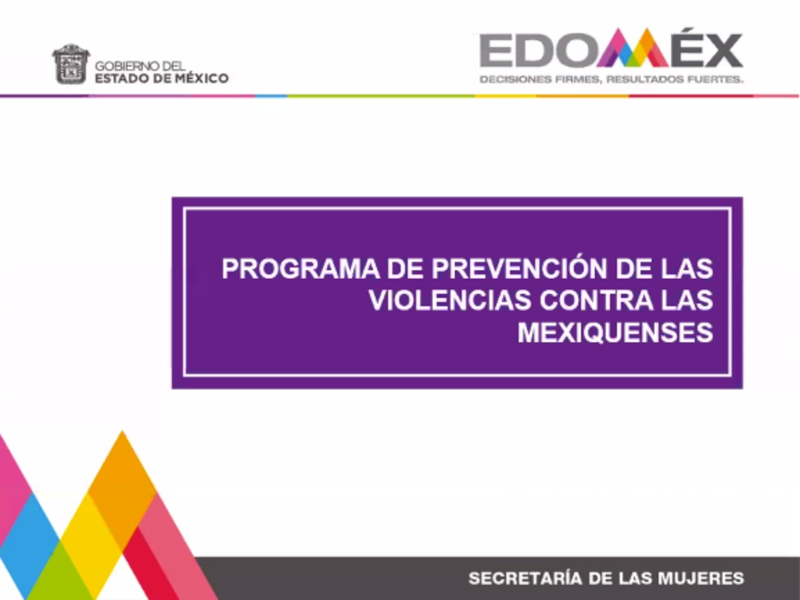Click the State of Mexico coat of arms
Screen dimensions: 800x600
[71, 64]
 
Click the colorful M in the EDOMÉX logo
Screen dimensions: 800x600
[632, 47]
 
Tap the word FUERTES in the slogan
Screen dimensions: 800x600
[715, 79]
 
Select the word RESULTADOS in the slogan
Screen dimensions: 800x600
[645, 79]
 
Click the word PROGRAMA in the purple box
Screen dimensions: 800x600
[301, 269]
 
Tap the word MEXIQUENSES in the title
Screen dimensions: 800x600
[615, 332]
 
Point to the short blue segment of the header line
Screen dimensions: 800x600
[271, 96]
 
